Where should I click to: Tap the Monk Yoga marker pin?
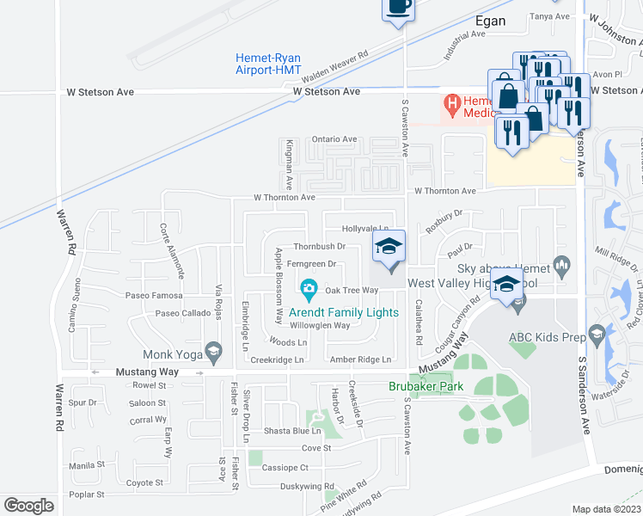click(213, 350)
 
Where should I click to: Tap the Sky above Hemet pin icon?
click(563, 264)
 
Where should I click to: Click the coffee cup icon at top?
click(397, 6)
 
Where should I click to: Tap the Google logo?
click(28, 505)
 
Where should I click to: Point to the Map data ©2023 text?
click(607, 509)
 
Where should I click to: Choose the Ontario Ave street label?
click(334, 139)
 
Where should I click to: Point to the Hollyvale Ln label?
click(366, 229)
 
